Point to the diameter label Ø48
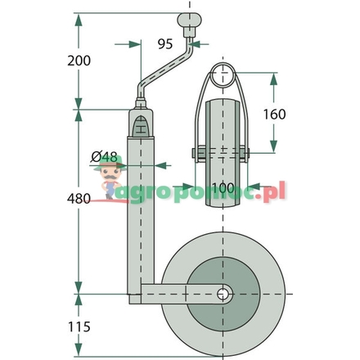click(x=104, y=156)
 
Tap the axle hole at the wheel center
click(x=222, y=293)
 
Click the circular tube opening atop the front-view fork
click(x=223, y=78)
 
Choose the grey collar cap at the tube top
click(x=141, y=106)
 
